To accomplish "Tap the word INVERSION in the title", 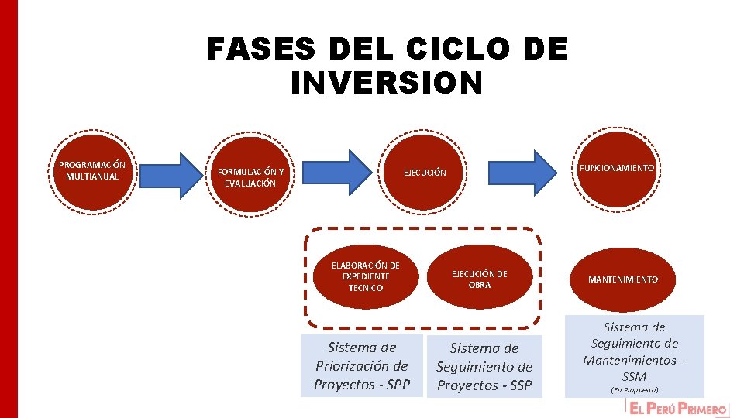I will (386, 83).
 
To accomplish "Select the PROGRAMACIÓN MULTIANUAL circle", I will (92, 171).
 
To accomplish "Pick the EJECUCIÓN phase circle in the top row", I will (425, 173).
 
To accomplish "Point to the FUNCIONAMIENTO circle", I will (616, 168).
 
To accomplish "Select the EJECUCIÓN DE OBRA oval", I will (480, 279).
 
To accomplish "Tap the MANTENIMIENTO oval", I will (622, 279).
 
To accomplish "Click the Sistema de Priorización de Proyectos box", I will (362, 365).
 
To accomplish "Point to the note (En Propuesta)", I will (634, 389).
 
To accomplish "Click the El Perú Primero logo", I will (678, 409).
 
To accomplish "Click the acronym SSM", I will (634, 376).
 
